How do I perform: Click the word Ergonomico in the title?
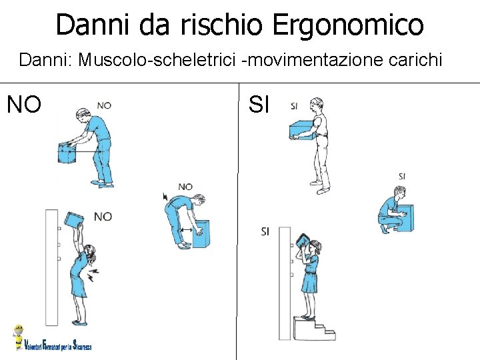tap(348, 25)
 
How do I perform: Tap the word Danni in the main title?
tap(93, 24)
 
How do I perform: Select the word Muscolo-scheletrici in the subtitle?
tap(157, 59)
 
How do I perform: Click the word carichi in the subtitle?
tap(415, 59)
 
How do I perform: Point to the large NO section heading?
tap(24, 104)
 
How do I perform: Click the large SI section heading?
tap(259, 104)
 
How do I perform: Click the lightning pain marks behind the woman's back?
tap(93, 274)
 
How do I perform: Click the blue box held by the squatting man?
tap(406, 218)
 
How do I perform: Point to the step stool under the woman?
tap(314, 329)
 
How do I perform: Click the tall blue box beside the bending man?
tap(201, 234)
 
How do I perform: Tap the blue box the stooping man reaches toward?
tap(68, 153)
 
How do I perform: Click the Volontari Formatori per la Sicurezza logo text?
tap(57, 346)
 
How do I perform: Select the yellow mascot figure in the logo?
tap(19, 337)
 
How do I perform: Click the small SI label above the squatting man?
tap(402, 176)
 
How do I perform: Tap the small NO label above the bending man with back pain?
tap(185, 187)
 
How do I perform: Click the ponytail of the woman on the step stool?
tap(319, 247)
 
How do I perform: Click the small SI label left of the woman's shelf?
tap(265, 232)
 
